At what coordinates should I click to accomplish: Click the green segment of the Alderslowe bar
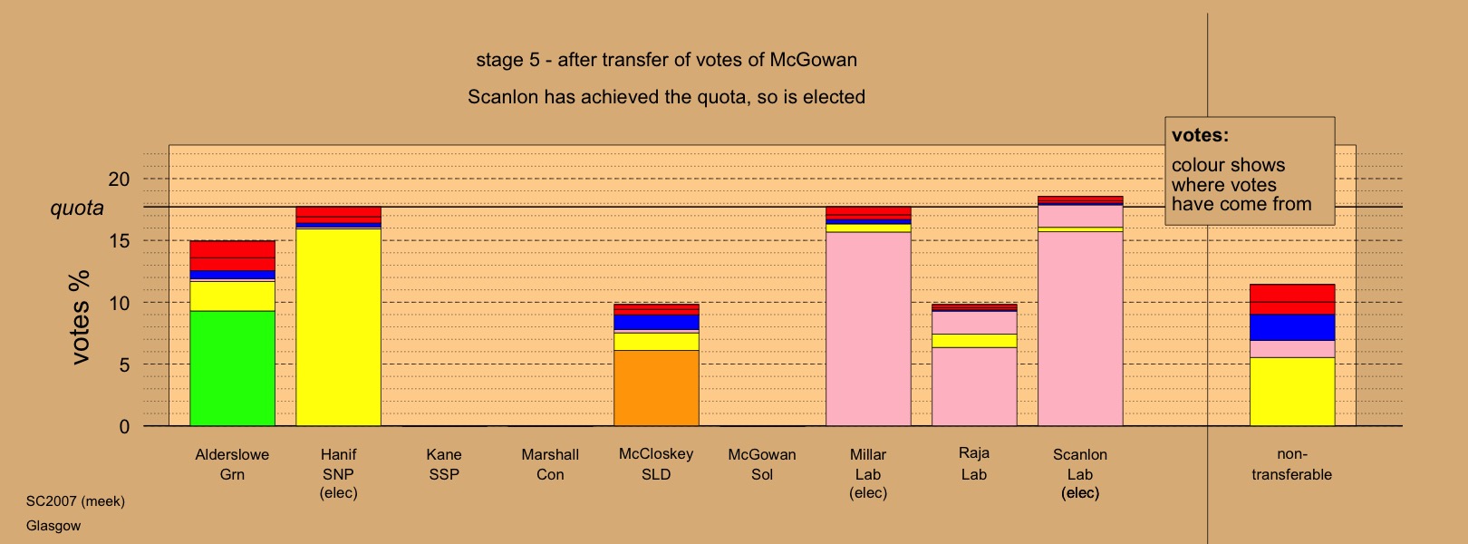[x=232, y=368]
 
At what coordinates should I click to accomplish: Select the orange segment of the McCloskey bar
[x=656, y=388]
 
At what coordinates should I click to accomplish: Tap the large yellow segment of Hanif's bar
[x=338, y=327]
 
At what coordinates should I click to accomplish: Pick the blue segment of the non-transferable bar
[x=1291, y=327]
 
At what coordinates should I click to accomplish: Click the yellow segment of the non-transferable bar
[x=1291, y=392]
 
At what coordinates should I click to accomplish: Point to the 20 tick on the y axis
[x=119, y=179]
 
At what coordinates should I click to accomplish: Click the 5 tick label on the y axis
[x=124, y=364]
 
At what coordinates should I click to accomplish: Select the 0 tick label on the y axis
[x=124, y=427]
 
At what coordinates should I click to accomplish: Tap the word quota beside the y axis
[x=77, y=209]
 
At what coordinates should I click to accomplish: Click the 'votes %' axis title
[x=80, y=317]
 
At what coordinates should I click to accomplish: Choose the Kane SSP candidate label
[x=444, y=464]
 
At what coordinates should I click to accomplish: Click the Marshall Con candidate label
[x=550, y=464]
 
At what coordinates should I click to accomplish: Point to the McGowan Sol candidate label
[x=761, y=464]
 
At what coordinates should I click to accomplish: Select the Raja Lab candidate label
[x=974, y=463]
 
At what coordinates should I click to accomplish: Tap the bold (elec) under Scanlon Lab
[x=1080, y=493]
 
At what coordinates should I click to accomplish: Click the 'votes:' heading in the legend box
[x=1200, y=135]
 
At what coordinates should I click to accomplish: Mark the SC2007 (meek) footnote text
[x=75, y=501]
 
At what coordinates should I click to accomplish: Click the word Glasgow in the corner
[x=53, y=526]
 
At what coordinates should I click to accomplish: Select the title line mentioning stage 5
[x=666, y=60]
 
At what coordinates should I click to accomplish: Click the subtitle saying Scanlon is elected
[x=666, y=97]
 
